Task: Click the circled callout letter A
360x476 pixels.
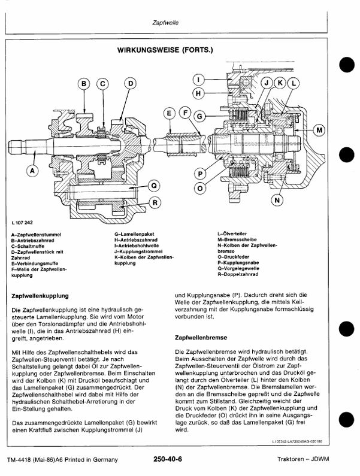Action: coord(32,171)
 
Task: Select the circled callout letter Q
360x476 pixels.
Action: coord(153,185)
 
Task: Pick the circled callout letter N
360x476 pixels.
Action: coord(276,201)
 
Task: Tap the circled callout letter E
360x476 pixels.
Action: coord(170,113)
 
